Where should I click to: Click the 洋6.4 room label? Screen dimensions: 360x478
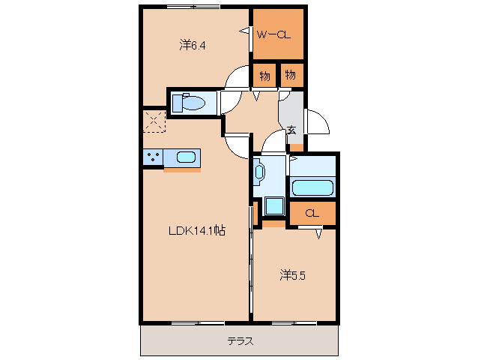coord(192,46)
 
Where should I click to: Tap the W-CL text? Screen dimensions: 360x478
coord(274,34)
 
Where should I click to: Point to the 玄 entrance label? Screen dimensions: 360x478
coord(291,130)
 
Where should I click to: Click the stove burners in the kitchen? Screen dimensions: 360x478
coord(154,157)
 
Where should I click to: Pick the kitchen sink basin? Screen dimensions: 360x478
coord(187,157)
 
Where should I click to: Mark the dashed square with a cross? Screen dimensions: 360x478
coord(154,121)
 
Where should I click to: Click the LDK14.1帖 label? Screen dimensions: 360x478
coord(196,232)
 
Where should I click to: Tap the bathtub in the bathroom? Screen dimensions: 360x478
coord(313,188)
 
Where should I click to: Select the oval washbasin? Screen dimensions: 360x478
coord(259,172)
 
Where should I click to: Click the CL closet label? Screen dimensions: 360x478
coord(312,214)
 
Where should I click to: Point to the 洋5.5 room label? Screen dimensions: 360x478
coord(293,275)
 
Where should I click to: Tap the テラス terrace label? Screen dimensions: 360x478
coord(240,342)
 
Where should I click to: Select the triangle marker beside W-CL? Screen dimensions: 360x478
coord(244,31)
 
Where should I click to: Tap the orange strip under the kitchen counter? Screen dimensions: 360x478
coord(182,169)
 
